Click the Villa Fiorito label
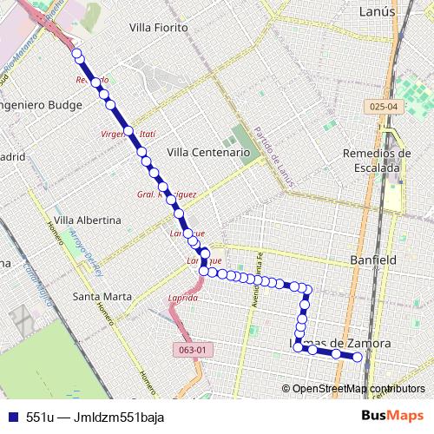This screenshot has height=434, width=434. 158,28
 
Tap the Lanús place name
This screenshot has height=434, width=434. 376,11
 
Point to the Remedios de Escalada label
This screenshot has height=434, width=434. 372,160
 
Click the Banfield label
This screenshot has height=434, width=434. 372,260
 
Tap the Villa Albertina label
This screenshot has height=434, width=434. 87,220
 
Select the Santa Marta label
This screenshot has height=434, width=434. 102,296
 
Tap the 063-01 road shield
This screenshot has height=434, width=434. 193,350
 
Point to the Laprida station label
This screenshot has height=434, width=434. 183,298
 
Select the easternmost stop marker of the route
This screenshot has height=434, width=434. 356,356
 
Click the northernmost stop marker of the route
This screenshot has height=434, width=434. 76,54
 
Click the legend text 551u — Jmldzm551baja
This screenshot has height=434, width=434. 95,417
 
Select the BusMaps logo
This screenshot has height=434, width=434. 392,416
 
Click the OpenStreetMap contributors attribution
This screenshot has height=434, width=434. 358,388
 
